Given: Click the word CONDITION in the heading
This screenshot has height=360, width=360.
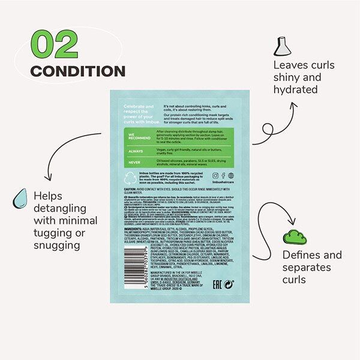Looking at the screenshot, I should pyautogui.click(x=77, y=71).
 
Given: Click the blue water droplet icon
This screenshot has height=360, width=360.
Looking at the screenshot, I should pyautogui.click(x=21, y=197).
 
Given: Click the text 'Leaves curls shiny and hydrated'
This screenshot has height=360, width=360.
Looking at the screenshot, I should pyautogui.click(x=304, y=77).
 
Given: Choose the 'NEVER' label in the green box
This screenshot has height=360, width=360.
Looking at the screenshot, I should pyautogui.click(x=134, y=161).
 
